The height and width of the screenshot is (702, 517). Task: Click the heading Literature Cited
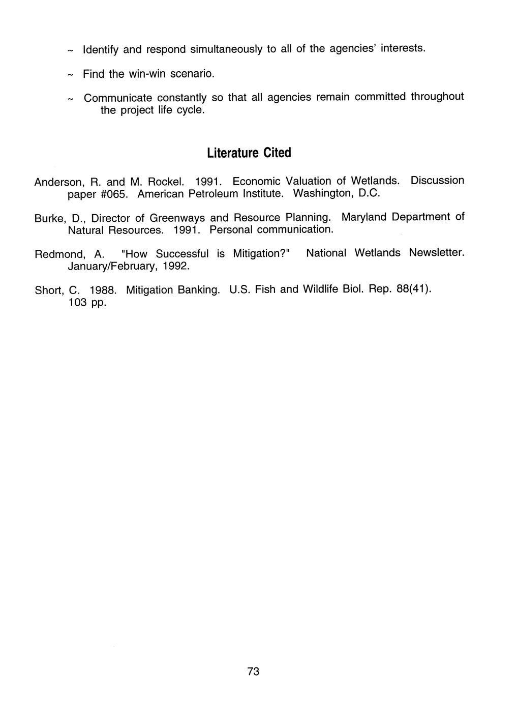click(x=249, y=153)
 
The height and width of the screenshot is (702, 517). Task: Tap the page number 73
click(x=253, y=671)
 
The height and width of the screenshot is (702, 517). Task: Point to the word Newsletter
click(x=437, y=253)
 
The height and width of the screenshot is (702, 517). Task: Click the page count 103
click(x=77, y=303)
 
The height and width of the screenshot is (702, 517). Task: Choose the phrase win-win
click(x=147, y=74)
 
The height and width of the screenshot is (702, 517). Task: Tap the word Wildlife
click(x=320, y=289)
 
